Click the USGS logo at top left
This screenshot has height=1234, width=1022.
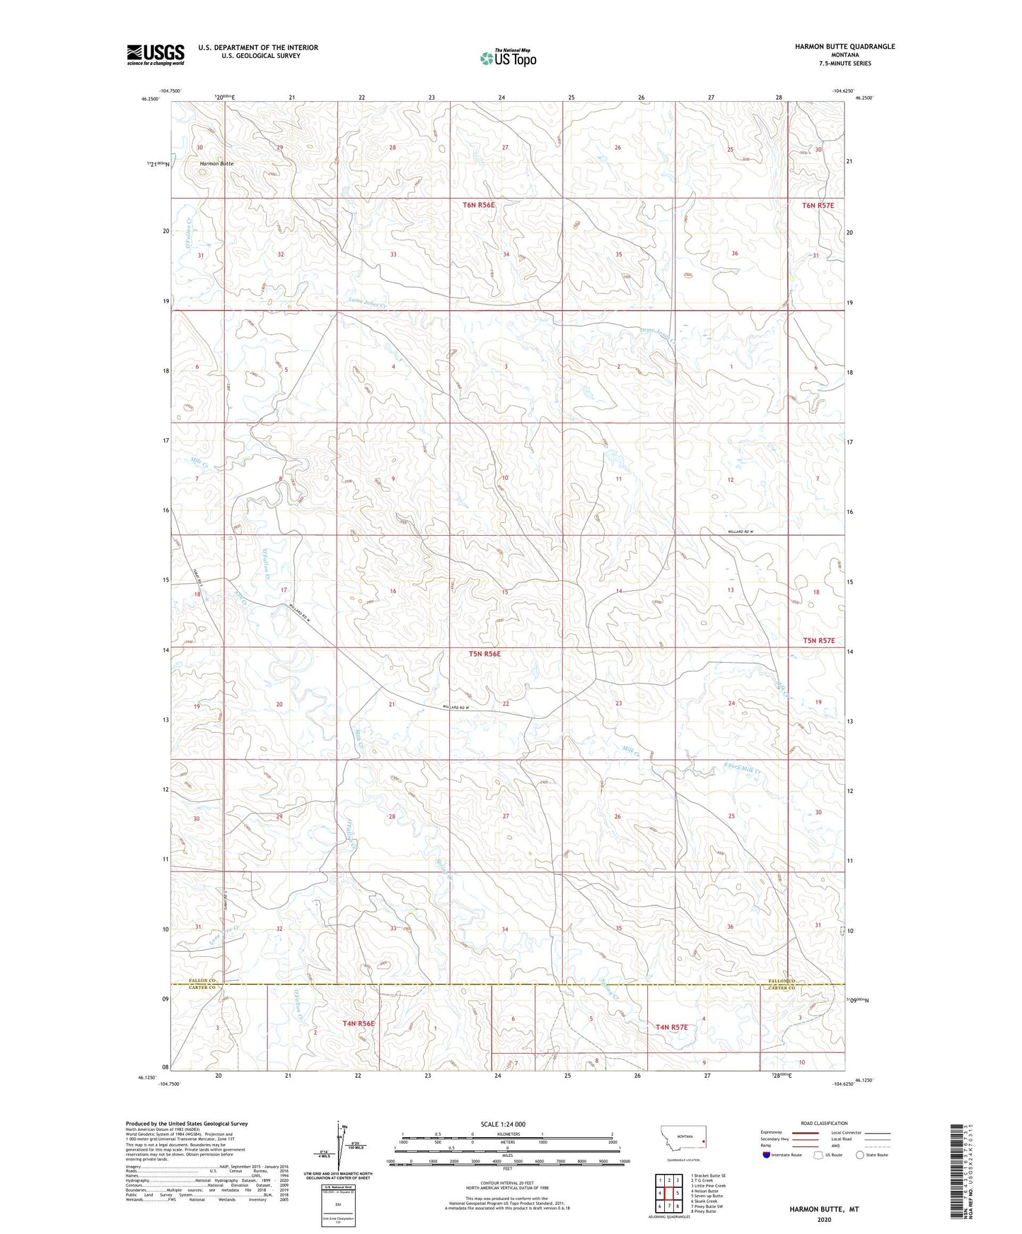155,54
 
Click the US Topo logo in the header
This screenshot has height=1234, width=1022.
508,59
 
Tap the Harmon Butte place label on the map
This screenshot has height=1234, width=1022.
216,163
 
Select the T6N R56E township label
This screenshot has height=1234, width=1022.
479,205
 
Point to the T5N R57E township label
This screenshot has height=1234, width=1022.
818,640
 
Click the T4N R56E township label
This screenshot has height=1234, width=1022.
358,1023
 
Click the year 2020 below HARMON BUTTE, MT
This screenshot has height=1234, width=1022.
824,1219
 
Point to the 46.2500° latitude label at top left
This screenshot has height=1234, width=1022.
151,99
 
